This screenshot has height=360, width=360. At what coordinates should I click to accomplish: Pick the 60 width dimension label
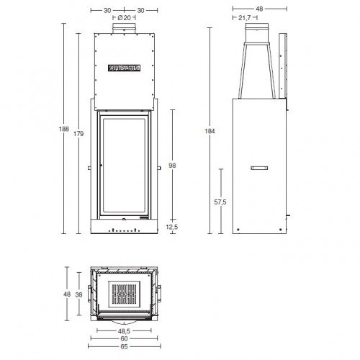(x=125, y=338)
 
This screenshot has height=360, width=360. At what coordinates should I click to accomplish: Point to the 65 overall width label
(x=125, y=347)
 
